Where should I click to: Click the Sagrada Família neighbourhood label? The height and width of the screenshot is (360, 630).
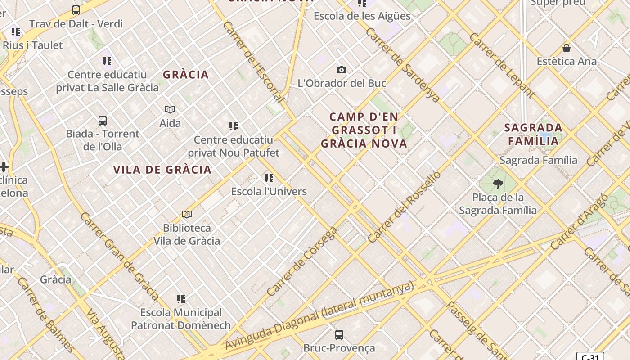pos(533,134)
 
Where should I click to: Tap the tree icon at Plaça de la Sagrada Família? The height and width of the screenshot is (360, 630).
pos(498,184)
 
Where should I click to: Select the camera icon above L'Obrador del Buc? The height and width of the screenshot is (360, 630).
pos(342,70)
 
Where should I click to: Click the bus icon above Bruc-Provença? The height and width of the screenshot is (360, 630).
pos(339,334)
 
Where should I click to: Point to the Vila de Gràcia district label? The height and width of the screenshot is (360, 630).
pos(162,170)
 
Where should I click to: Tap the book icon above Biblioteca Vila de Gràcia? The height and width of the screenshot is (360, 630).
pos(187,214)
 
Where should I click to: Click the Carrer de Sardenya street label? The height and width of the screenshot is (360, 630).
pos(403,65)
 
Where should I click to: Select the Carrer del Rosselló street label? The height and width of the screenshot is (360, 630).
pos(404,207)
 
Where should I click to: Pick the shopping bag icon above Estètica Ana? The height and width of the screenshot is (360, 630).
pos(567,48)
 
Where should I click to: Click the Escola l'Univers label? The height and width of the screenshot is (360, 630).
pos(269,191)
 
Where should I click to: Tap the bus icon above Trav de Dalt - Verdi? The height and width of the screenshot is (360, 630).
pos(76,10)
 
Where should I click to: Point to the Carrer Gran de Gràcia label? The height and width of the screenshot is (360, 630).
pos(119,256)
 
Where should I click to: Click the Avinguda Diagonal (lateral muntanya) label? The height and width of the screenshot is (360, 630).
pos(319,315)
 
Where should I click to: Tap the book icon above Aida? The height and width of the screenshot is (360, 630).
pos(170,109)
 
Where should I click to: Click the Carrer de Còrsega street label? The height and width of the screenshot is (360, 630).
pos(302,261)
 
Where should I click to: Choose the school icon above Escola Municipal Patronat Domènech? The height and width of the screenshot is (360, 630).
pos(181,299)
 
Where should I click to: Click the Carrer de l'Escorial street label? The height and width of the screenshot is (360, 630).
pos(254,62)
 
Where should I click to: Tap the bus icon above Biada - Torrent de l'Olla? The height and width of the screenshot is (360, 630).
pos(103,120)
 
